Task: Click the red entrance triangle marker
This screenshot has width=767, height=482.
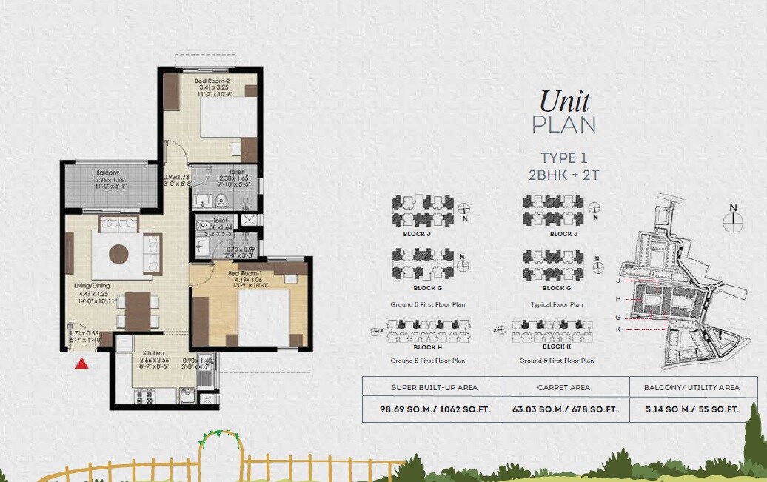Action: click(83, 362)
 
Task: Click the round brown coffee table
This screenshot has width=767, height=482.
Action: click(120, 254)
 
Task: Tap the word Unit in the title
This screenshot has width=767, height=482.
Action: click(564, 101)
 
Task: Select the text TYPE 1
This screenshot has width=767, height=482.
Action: click(564, 157)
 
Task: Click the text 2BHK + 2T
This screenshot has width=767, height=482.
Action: click(564, 175)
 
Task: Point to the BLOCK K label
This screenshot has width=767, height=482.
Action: click(556, 347)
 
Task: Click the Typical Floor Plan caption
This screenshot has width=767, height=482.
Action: click(557, 304)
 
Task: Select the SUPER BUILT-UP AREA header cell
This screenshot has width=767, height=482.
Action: click(434, 387)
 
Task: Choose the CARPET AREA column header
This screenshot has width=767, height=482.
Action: click(566, 387)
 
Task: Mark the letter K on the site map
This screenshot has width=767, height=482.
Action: click(617, 329)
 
